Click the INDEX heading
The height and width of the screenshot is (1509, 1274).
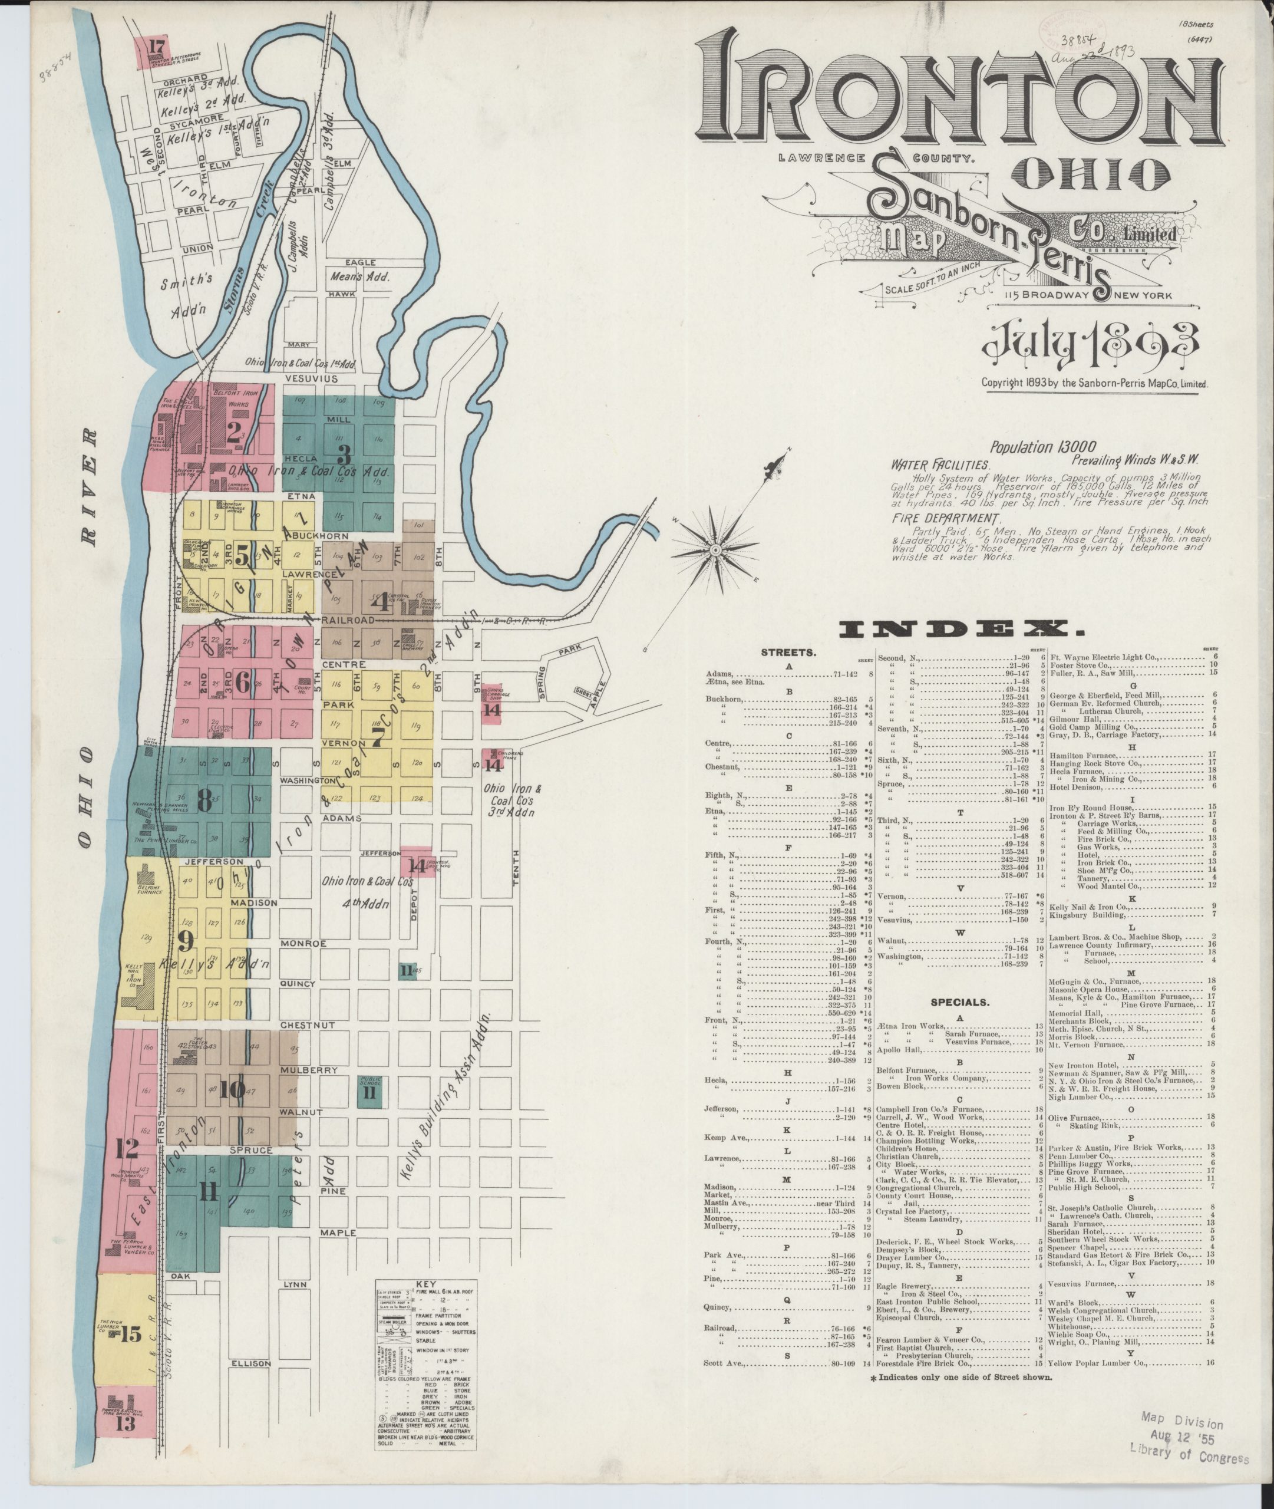pos(961,630)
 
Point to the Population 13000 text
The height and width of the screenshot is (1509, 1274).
pos(1043,447)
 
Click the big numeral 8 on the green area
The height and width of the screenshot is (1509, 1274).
pos(205,800)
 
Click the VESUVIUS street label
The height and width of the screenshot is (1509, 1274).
pos(311,378)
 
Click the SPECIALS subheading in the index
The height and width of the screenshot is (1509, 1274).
pos(960,1003)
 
